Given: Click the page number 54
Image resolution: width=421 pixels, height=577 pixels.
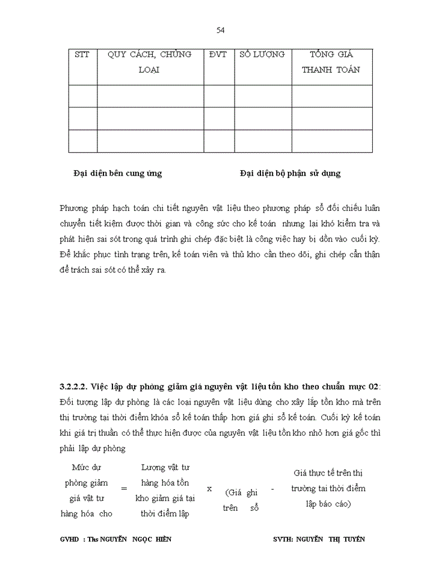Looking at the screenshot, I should (220, 30).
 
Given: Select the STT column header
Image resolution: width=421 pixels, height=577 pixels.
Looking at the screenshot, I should (82, 55).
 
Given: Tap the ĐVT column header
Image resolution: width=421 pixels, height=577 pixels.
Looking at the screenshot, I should (218, 55).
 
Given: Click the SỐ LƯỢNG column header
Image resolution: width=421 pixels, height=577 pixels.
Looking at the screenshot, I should (262, 55).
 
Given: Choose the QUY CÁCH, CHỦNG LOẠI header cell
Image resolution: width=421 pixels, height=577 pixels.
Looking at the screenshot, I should (149, 62).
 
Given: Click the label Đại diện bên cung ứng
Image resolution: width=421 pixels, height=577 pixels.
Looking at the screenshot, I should (117, 174).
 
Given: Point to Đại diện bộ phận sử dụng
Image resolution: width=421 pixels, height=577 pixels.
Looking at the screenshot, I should (290, 174).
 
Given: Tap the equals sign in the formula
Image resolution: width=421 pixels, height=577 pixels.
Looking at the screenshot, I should (124, 489).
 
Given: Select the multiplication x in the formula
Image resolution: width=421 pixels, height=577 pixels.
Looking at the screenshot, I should (209, 488).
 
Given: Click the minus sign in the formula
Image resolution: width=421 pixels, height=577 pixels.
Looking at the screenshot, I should (272, 489).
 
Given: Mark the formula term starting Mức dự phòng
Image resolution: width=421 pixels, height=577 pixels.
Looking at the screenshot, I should (87, 490).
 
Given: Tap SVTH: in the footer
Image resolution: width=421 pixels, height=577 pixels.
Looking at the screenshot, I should (283, 539).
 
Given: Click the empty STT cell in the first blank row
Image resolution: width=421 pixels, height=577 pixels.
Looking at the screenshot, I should (82, 96).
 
